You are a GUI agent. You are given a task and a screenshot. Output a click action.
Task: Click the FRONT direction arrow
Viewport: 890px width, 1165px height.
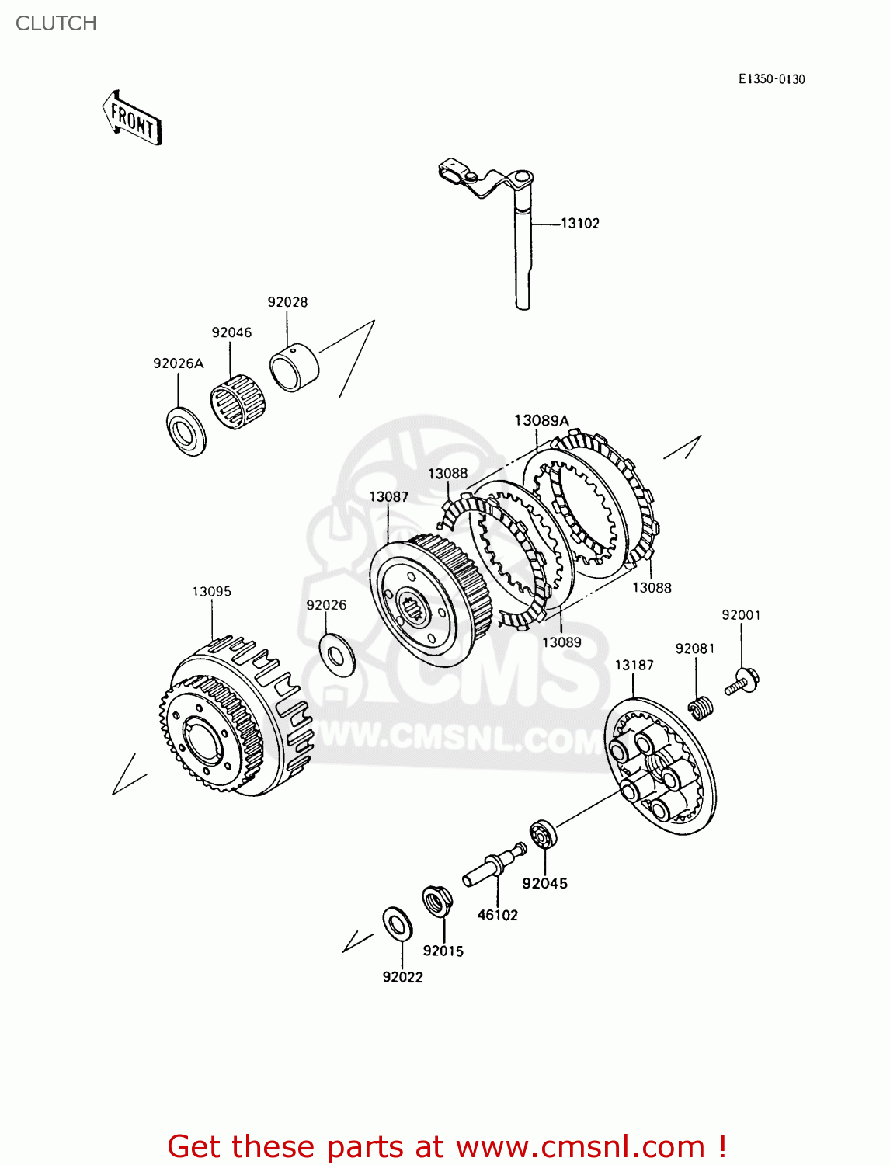click(133, 120)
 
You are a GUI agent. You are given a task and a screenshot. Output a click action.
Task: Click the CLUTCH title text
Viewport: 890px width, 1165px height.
click(56, 23)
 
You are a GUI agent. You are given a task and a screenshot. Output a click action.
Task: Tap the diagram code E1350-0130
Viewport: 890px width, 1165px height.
click(771, 79)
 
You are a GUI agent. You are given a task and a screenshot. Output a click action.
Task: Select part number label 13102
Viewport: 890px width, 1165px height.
click(580, 224)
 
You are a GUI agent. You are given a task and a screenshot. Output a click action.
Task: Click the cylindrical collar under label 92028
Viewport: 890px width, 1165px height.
click(294, 367)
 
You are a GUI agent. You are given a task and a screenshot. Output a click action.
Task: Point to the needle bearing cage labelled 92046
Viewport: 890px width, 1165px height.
click(238, 401)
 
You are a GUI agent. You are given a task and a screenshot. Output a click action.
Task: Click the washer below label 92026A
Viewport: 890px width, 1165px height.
click(186, 431)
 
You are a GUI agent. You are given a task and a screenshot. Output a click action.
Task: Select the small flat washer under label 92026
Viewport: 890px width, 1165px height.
click(337, 655)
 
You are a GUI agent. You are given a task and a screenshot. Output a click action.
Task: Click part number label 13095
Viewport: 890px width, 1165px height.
click(212, 592)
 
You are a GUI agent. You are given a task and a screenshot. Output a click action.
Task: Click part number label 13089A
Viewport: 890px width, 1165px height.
click(541, 421)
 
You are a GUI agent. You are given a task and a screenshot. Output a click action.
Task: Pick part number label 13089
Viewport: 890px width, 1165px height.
click(561, 642)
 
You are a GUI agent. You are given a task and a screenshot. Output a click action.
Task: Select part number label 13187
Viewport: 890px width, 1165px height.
click(634, 666)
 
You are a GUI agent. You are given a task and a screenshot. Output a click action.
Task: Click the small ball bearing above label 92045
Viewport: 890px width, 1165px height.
click(544, 834)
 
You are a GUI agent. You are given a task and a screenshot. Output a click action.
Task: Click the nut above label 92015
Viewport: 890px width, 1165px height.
click(437, 902)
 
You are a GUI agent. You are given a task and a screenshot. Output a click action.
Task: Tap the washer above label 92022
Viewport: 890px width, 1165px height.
click(398, 923)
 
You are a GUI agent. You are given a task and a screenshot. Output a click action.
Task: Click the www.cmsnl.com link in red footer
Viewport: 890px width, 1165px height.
click(579, 1146)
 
